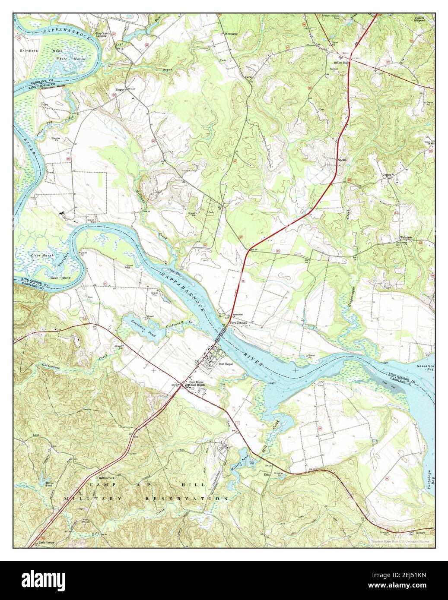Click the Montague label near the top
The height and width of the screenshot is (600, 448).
tap(234, 34)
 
